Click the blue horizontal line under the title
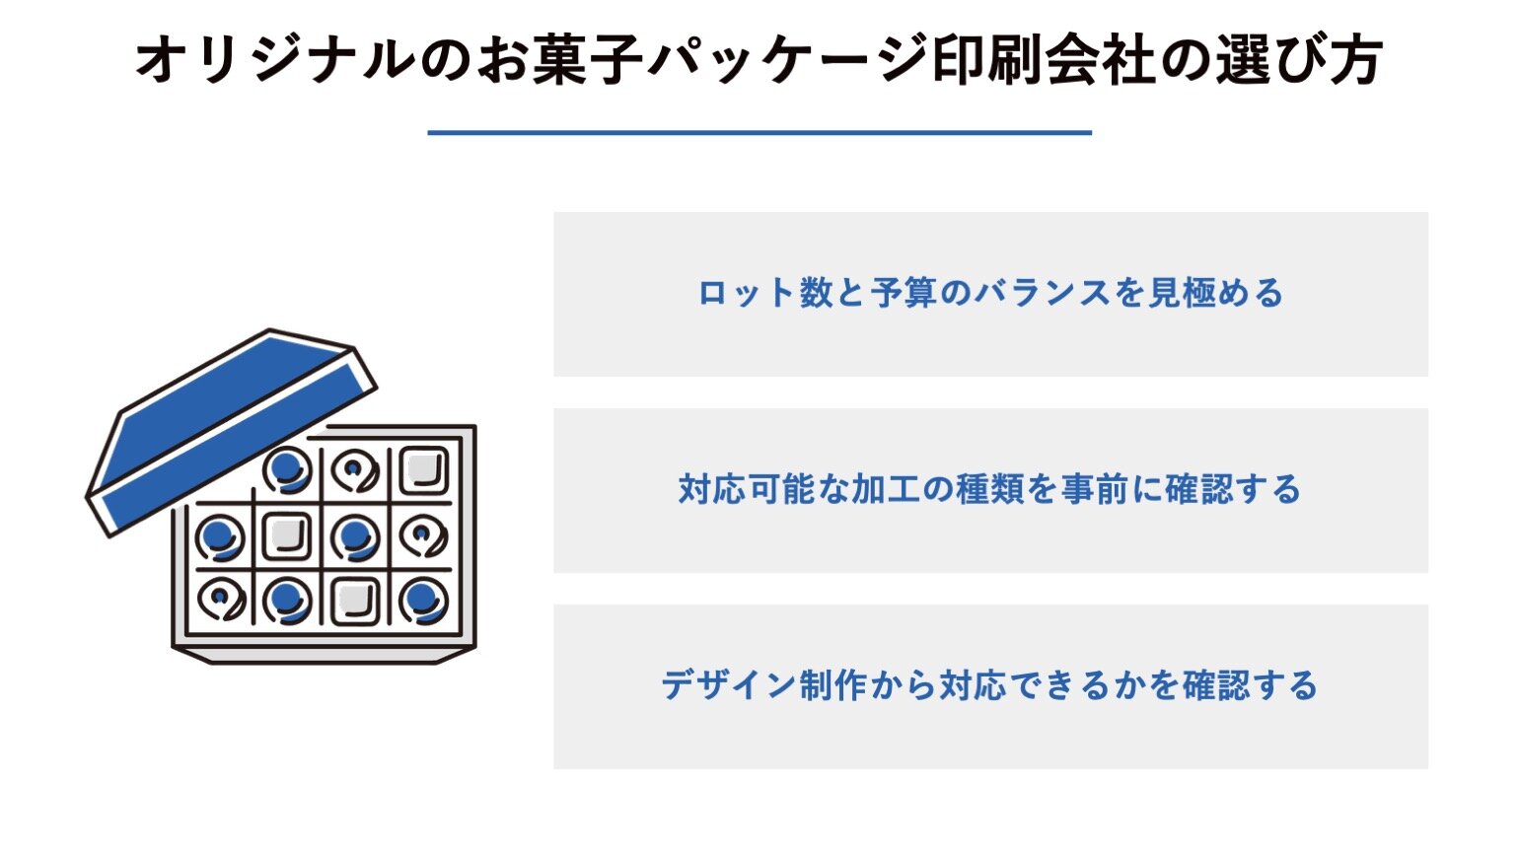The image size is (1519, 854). point(759,133)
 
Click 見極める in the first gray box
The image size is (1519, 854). point(1215,294)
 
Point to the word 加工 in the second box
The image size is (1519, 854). point(885,489)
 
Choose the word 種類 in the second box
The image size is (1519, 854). point(990,489)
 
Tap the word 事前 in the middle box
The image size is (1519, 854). point(1095,489)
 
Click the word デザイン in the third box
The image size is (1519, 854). point(728,685)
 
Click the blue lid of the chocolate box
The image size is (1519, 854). point(231,432)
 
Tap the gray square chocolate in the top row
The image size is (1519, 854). point(423,470)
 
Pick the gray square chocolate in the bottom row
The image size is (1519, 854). point(355,602)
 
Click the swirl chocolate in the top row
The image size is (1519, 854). point(355,470)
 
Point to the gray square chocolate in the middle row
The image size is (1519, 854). point(286,536)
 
